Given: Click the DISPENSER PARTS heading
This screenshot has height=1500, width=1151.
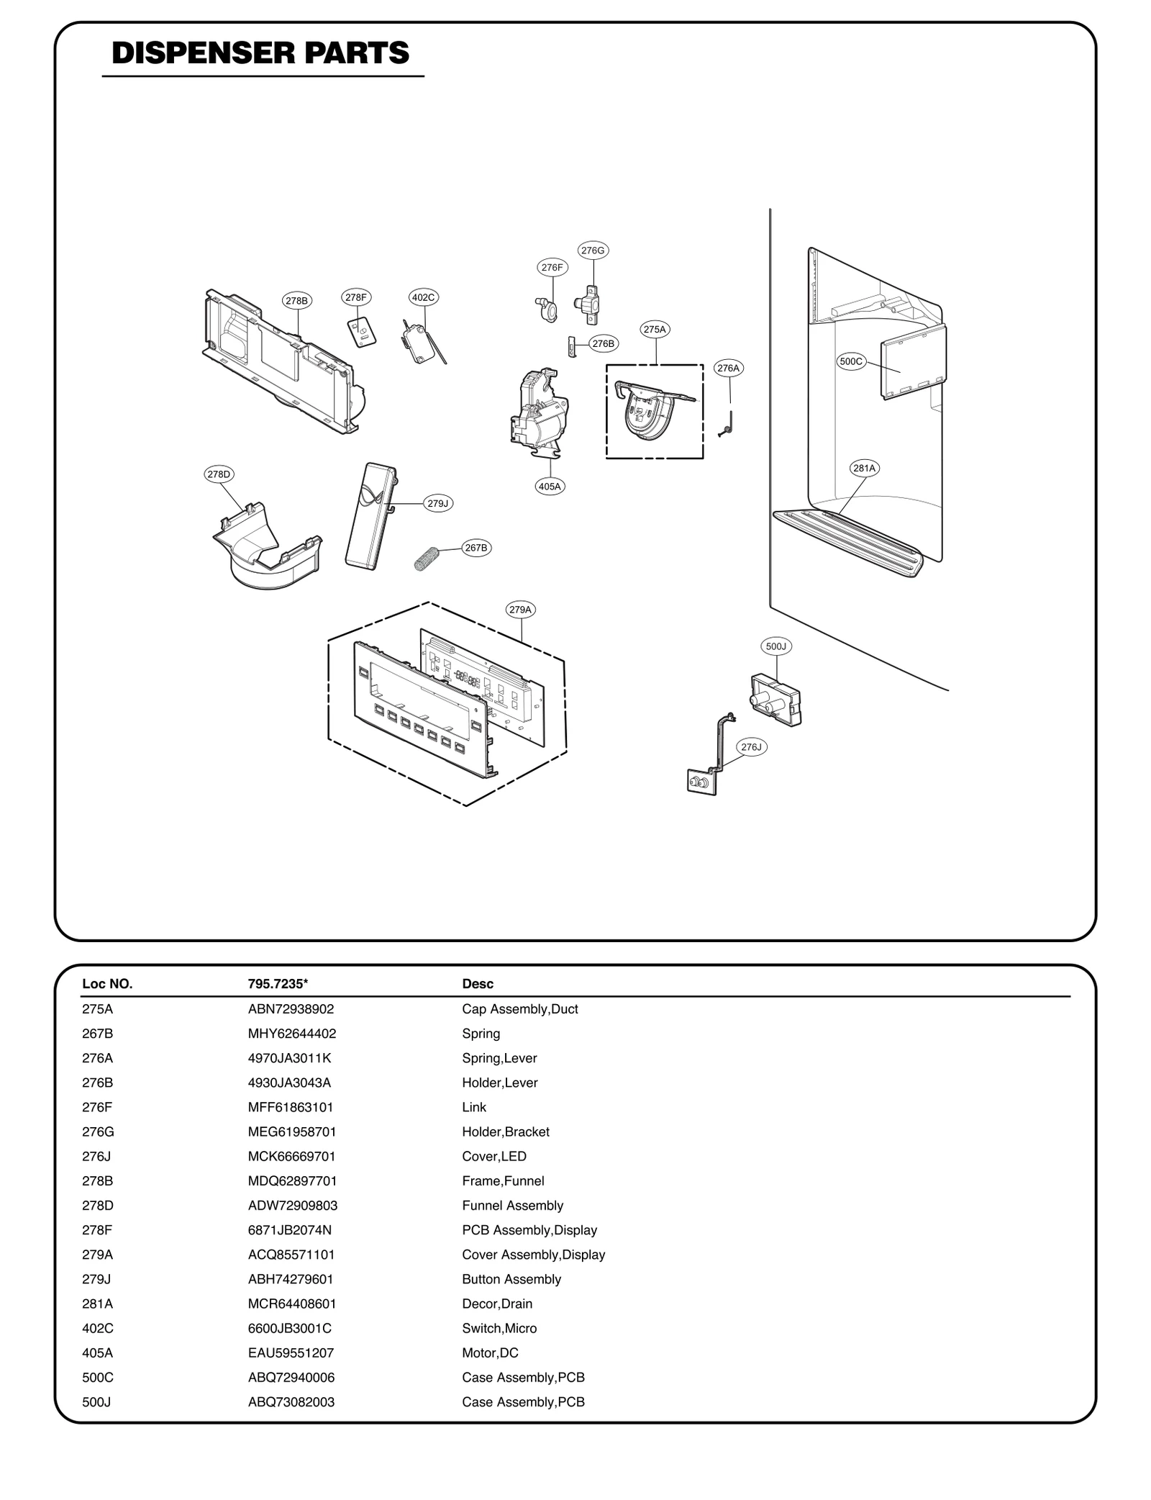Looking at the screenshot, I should click(260, 54).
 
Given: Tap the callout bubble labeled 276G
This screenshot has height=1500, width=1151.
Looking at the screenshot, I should click(593, 250).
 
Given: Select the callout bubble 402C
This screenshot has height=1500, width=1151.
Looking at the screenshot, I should click(424, 297).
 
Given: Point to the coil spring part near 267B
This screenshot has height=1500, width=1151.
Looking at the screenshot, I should click(427, 558).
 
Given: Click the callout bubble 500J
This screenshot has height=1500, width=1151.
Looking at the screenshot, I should click(776, 646).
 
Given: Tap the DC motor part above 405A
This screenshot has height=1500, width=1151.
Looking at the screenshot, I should click(537, 417).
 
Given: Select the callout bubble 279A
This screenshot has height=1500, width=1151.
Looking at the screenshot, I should click(520, 610).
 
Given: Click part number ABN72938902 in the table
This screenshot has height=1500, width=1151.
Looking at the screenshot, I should click(291, 1009).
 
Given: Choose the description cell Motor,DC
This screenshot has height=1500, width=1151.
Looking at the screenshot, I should click(490, 1353).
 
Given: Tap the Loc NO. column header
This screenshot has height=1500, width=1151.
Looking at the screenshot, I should click(107, 984).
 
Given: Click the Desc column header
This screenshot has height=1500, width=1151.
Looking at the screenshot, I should click(478, 984).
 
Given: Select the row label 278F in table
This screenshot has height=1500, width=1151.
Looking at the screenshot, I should click(97, 1230).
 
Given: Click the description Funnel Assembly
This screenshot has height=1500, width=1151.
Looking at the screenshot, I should click(512, 1206).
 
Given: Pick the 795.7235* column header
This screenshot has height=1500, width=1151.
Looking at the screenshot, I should click(278, 984).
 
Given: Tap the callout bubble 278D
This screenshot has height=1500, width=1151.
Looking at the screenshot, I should click(219, 474).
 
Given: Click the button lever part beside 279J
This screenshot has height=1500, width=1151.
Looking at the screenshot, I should click(370, 517).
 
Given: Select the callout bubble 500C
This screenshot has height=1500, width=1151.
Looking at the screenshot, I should click(851, 361).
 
